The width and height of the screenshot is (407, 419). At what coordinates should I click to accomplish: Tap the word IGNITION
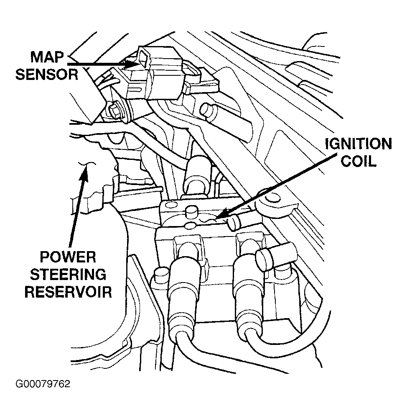[359, 145]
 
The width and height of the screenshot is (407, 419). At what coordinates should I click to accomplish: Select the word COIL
[359, 162]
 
